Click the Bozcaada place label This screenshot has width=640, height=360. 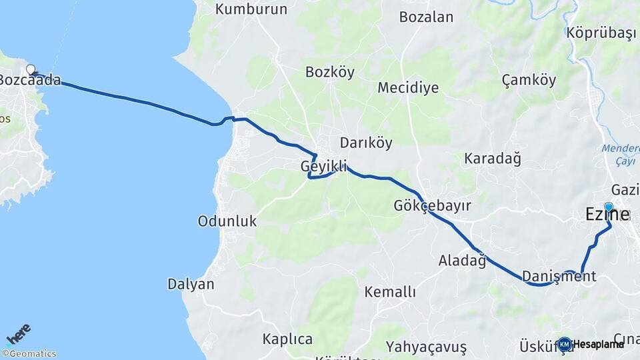click(30, 81)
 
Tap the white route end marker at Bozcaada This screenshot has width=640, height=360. click(30, 69)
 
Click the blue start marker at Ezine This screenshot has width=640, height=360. click(608, 207)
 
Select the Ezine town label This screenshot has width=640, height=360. click(607, 215)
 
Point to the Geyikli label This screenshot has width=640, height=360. click(323, 166)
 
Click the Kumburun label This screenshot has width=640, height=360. click(251, 9)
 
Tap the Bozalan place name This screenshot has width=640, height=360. click(426, 17)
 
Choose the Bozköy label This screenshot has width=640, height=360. click(330, 72)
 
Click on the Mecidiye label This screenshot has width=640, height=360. click(408, 87)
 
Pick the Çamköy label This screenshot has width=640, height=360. click(529, 80)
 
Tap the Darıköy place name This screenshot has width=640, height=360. click(366, 142)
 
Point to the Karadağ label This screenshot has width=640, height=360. click(492, 159)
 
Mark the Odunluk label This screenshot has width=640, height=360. click(227, 221)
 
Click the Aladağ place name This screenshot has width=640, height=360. click(462, 260)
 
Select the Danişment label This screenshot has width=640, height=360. click(559, 276)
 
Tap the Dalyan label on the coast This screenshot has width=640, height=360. click(191, 284)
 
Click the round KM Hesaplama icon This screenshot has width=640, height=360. click(565, 344)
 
